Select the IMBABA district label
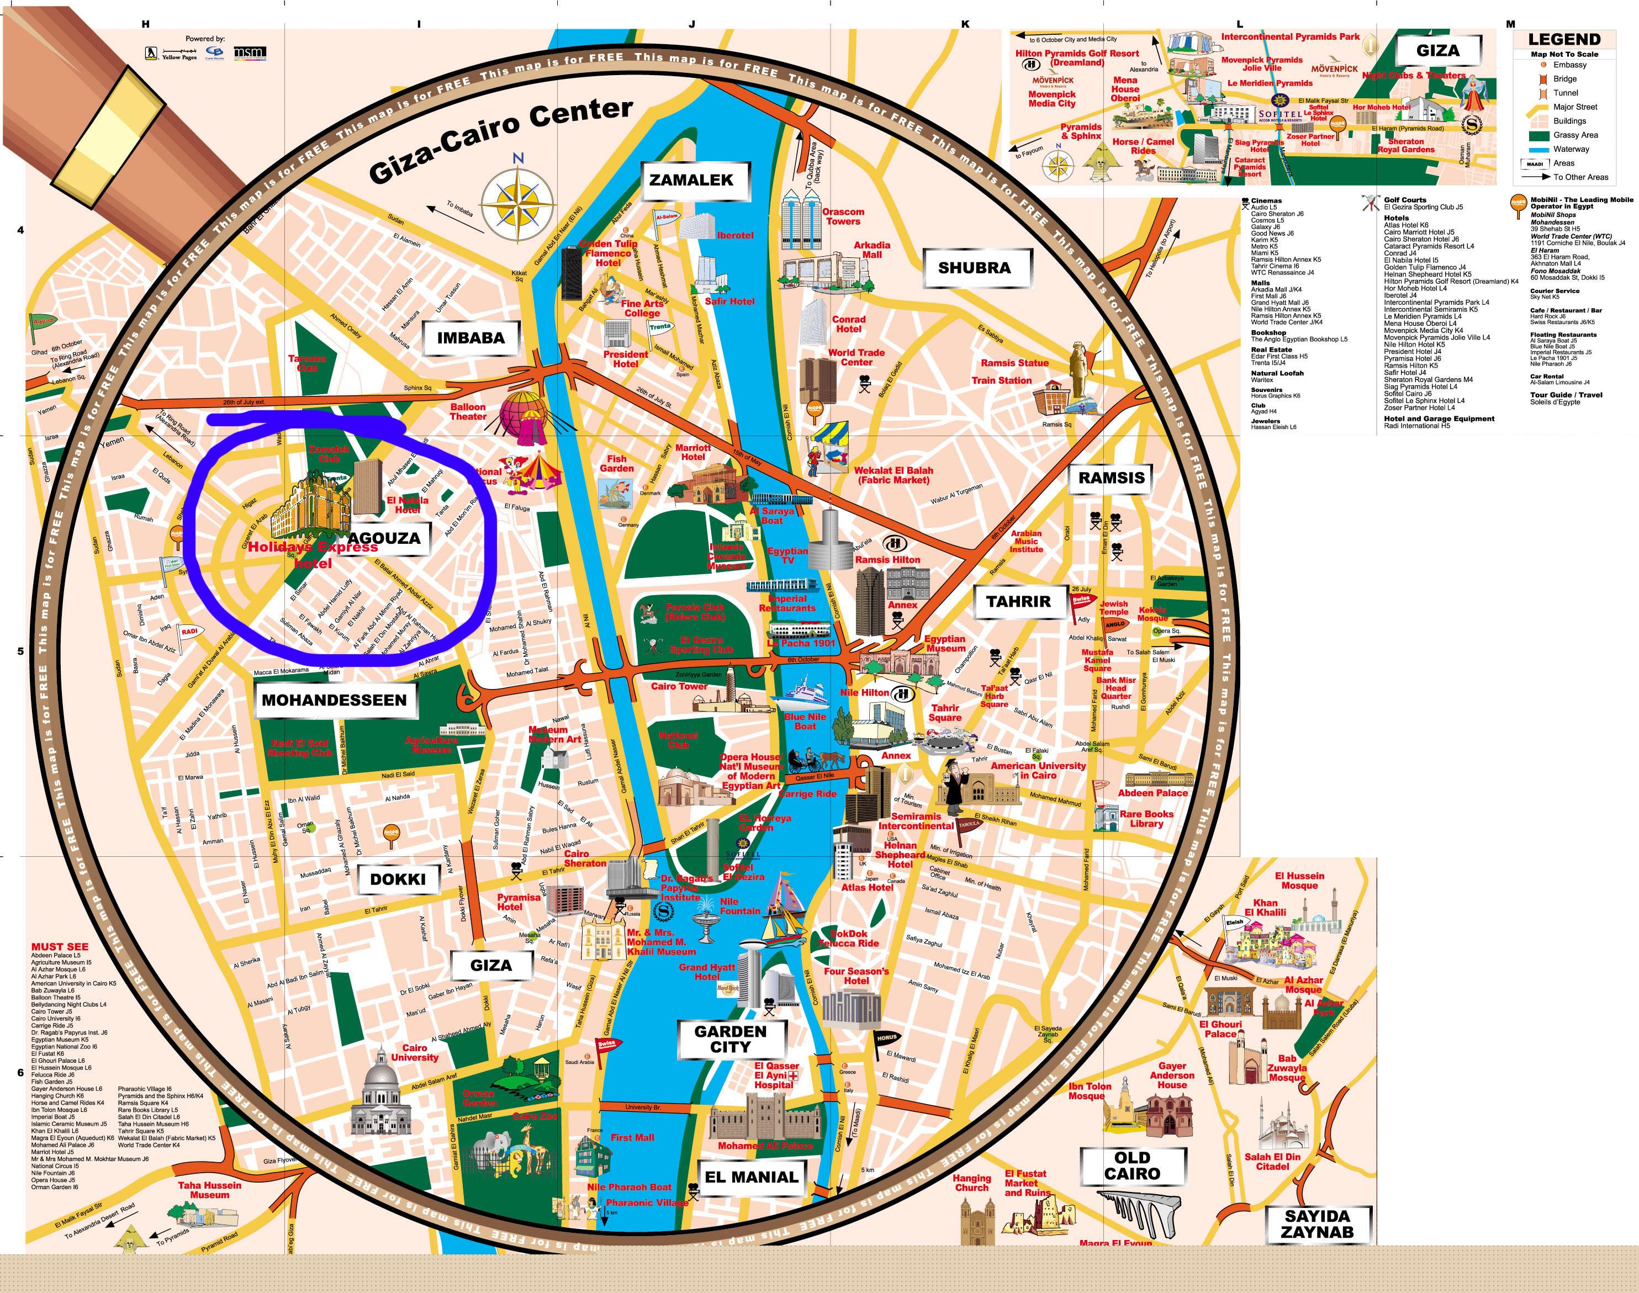click(470, 338)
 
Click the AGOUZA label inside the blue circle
click(383, 538)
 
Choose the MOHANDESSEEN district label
click(334, 700)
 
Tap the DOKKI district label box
click(398, 879)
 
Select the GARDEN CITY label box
click(731, 1038)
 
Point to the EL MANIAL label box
click(751, 1177)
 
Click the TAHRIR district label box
click(1018, 602)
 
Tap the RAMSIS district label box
click(1111, 478)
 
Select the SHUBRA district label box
click(974, 267)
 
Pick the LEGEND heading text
click(1564, 39)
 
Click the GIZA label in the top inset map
click(1437, 51)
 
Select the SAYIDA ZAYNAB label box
click(1317, 1224)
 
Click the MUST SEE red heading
click(60, 946)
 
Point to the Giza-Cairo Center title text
click(500, 140)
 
